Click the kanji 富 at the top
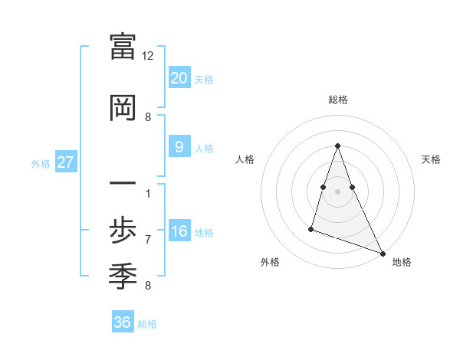pos(123,47)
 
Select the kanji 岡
pos(123,108)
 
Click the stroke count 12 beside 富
pos(148,56)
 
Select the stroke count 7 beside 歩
pos(148,239)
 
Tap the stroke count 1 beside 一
pos(148,193)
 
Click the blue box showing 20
pos(179,78)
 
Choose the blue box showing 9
pos(179,147)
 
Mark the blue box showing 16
pos(179,231)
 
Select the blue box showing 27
pos(65,162)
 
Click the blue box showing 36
pos(123,322)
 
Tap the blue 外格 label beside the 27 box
pos(41,163)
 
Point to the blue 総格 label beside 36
pos(147,323)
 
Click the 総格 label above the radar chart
pos(338,100)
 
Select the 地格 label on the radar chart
pos(402,262)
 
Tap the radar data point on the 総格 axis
pos(338,146)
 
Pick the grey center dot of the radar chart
pos(338,191)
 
